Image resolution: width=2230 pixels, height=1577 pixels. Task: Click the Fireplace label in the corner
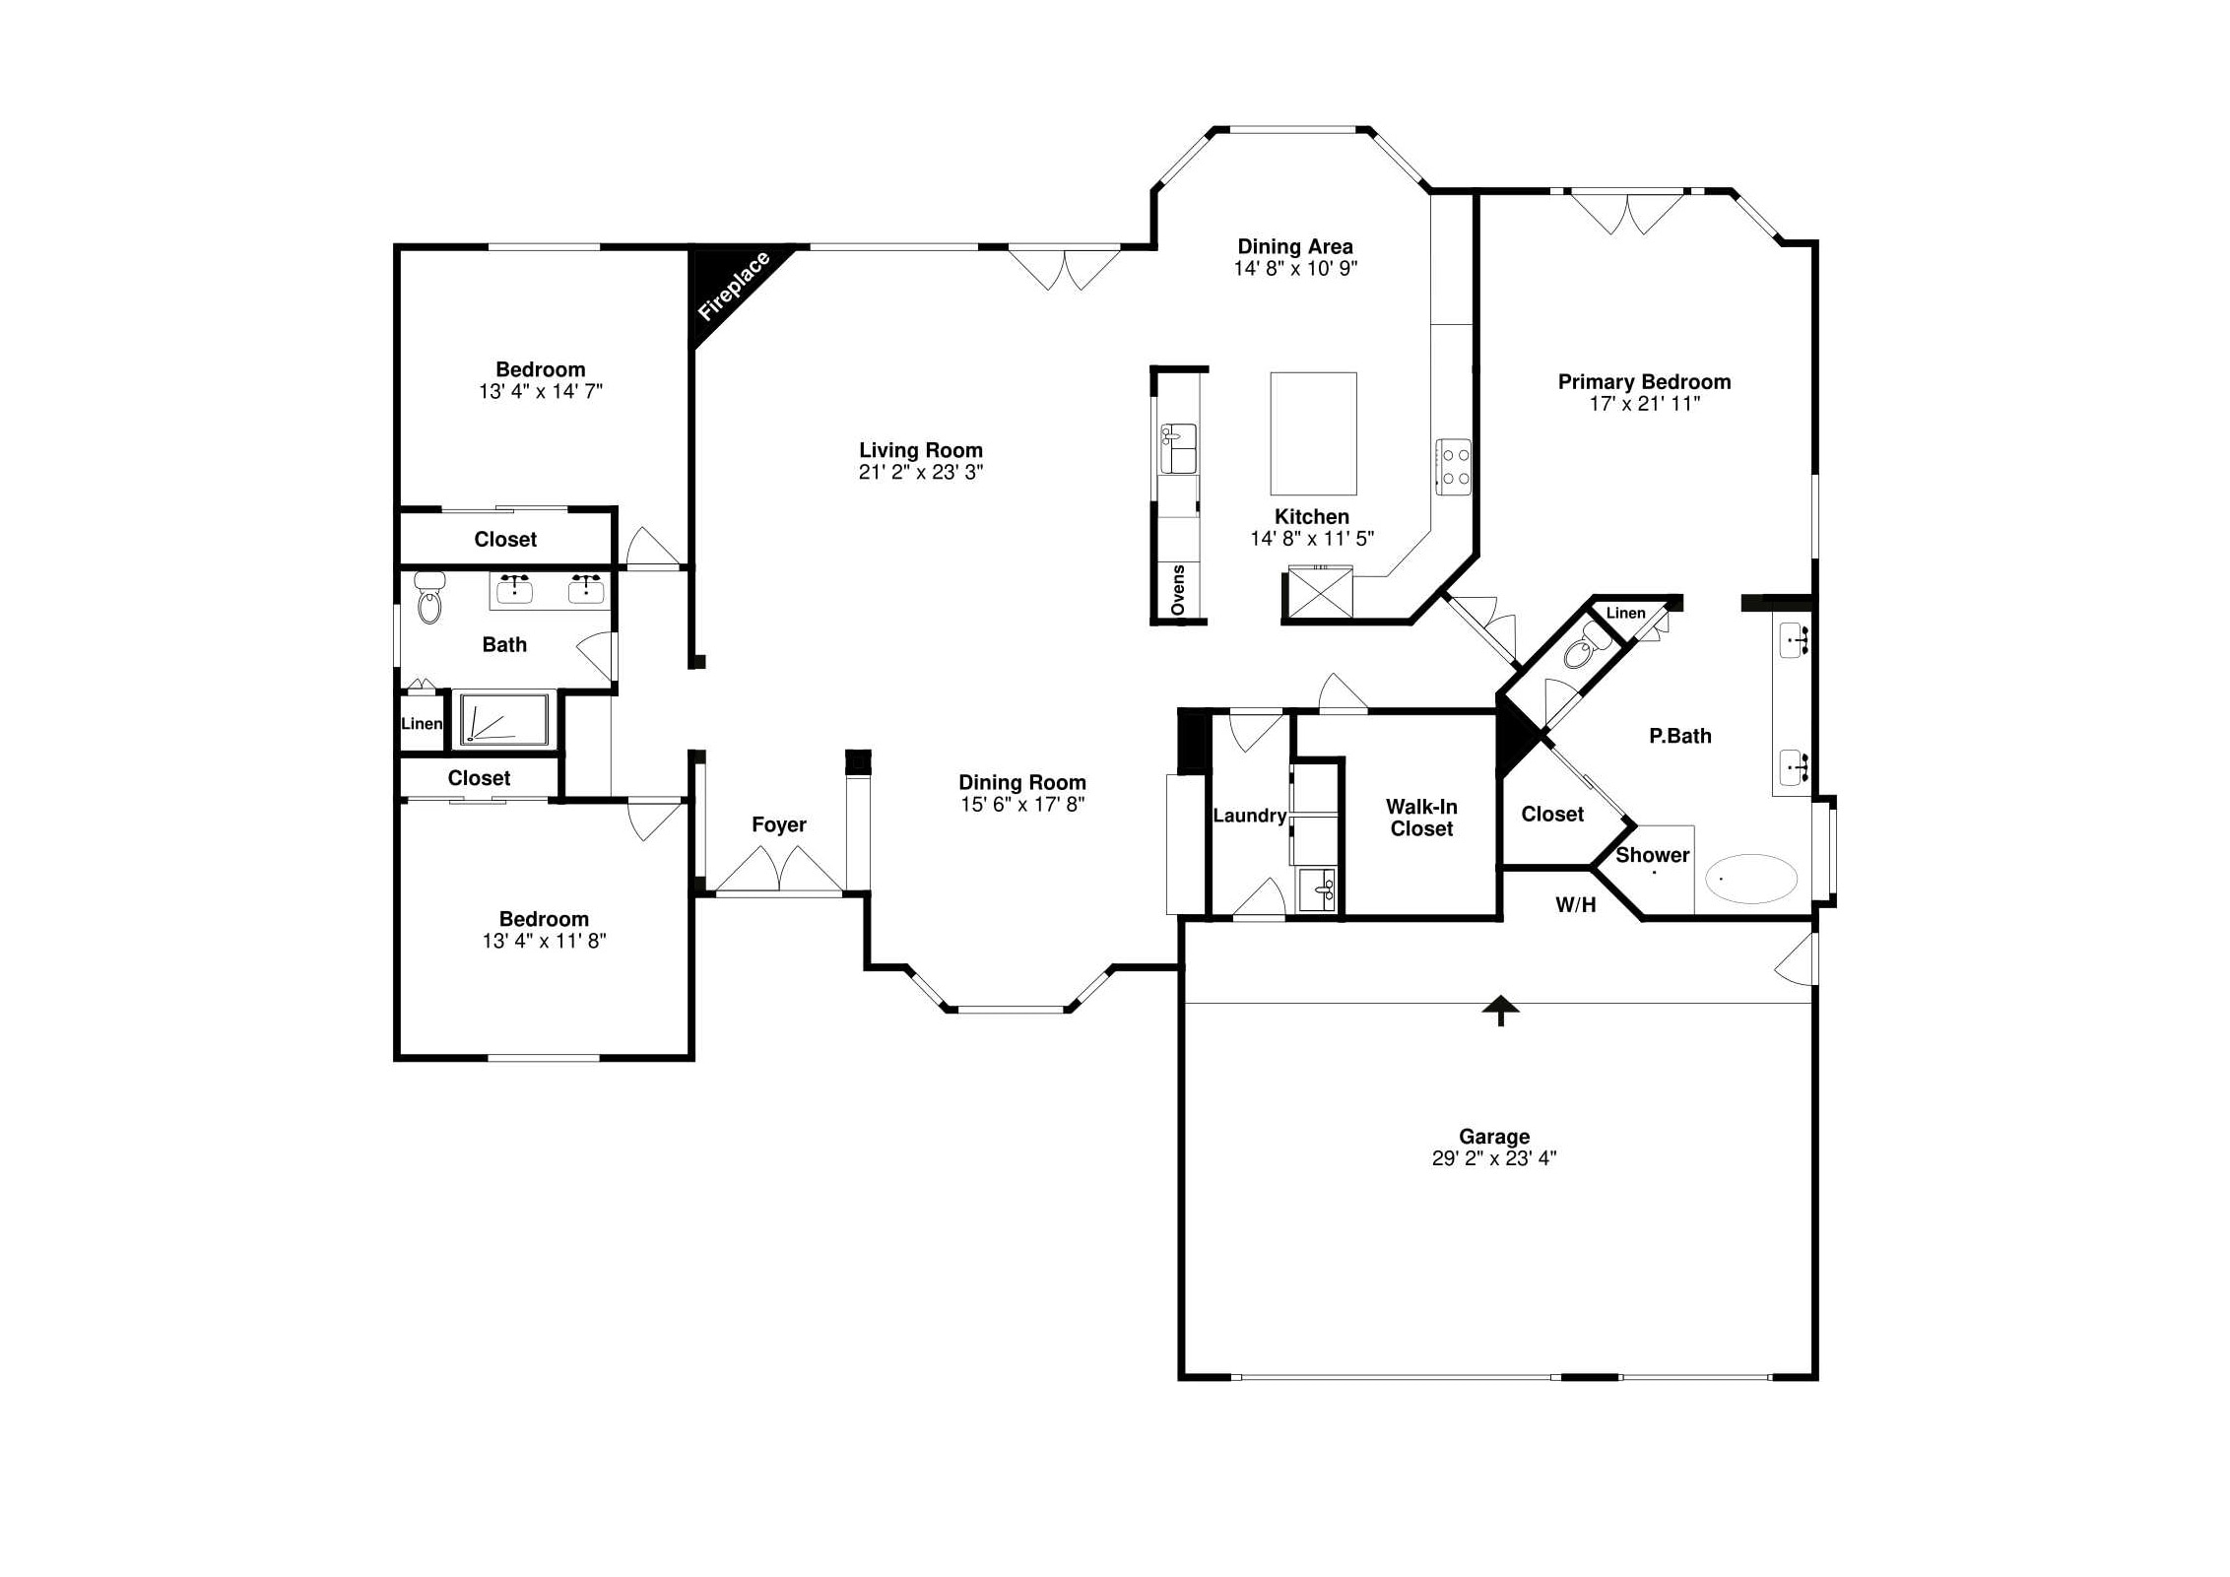click(x=734, y=287)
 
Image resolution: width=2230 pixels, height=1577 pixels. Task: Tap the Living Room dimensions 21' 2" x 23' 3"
click(x=921, y=473)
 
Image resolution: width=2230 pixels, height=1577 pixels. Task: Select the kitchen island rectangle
click(x=1313, y=433)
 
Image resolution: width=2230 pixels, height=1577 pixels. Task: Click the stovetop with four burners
click(x=1454, y=467)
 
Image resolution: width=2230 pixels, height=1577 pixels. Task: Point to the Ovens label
click(x=1178, y=590)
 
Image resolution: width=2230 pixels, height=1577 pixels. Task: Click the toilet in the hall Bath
click(x=429, y=598)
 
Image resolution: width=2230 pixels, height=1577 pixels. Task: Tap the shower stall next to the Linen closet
click(x=504, y=718)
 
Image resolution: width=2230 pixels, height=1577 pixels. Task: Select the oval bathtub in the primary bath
click(x=1751, y=878)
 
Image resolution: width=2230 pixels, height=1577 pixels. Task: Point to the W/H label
click(x=1575, y=905)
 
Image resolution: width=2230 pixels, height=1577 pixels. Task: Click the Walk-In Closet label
click(x=1421, y=818)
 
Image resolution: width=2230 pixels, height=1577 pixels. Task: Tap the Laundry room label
click(x=1249, y=816)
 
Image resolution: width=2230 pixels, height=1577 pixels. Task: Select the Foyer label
click(x=779, y=824)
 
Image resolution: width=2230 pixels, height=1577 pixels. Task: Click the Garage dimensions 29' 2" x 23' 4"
click(x=1494, y=1158)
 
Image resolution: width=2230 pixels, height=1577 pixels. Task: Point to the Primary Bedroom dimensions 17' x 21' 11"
click(x=1645, y=403)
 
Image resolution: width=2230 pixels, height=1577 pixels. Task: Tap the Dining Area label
click(x=1295, y=246)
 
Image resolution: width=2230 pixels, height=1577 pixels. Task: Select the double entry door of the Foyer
click(x=779, y=869)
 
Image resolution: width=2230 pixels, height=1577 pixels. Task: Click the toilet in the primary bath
click(x=1586, y=646)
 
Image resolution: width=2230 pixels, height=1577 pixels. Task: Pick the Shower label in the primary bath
click(x=1652, y=855)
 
